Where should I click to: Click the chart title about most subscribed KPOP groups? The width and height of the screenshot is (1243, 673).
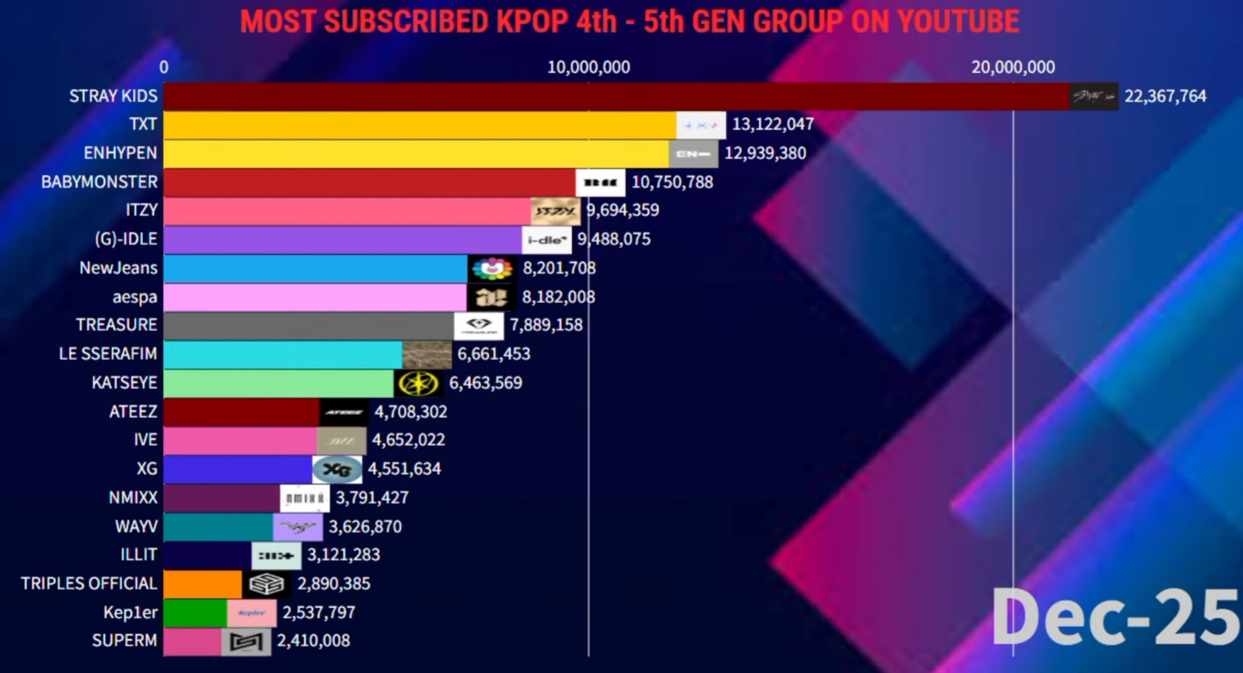(x=629, y=22)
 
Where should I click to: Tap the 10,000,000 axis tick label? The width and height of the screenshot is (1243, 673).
(x=588, y=67)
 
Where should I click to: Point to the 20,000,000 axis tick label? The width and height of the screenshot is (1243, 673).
(x=1012, y=67)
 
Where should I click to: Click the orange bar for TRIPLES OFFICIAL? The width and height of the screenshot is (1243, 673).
(x=202, y=584)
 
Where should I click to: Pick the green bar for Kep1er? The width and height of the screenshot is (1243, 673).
(x=195, y=613)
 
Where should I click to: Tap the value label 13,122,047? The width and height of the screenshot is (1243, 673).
(x=772, y=124)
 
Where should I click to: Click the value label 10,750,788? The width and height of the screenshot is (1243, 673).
(x=672, y=182)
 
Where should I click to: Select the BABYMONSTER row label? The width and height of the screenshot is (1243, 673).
(x=99, y=182)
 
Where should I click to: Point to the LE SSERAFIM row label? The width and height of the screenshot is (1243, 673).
(x=107, y=354)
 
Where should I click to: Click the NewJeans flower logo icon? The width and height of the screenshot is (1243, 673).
(x=492, y=269)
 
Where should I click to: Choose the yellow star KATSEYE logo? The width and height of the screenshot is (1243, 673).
(x=418, y=384)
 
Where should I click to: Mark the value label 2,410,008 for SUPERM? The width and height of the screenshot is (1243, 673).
(x=313, y=641)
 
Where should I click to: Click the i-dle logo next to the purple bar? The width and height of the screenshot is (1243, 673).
(x=546, y=240)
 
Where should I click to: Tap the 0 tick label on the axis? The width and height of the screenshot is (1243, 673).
(x=164, y=67)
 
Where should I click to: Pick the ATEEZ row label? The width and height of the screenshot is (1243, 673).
(x=133, y=412)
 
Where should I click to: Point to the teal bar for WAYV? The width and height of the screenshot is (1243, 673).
(x=218, y=527)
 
